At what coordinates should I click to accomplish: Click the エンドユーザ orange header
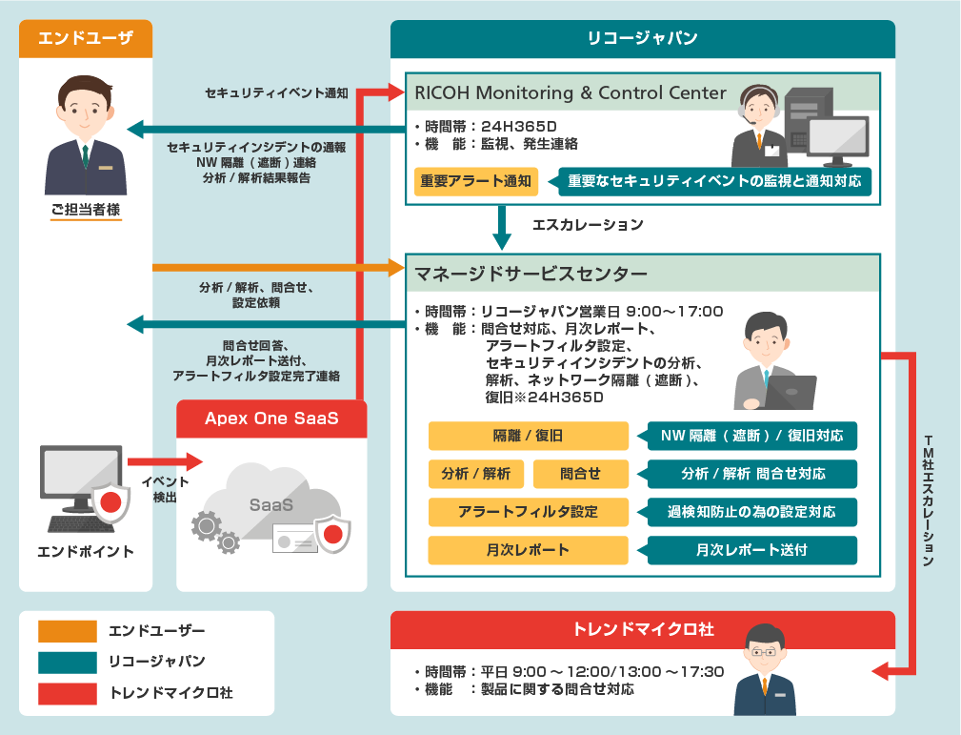86,38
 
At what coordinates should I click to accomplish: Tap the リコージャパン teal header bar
643,38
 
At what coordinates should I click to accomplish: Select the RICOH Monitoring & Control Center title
571,93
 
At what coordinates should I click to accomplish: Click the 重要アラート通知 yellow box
476,181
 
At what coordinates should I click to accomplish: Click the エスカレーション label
588,225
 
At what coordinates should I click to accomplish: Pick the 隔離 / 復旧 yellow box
528,436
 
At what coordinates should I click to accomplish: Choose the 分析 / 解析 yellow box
476,474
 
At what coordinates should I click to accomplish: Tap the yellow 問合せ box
580,474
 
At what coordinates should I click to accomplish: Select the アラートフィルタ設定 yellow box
528,512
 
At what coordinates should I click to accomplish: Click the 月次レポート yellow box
528,550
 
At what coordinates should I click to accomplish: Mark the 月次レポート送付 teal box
752,550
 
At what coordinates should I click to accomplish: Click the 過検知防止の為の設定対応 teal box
752,512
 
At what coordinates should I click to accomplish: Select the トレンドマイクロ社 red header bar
643,630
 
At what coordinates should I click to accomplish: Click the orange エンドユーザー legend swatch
68,631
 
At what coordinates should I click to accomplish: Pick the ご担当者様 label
86,210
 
